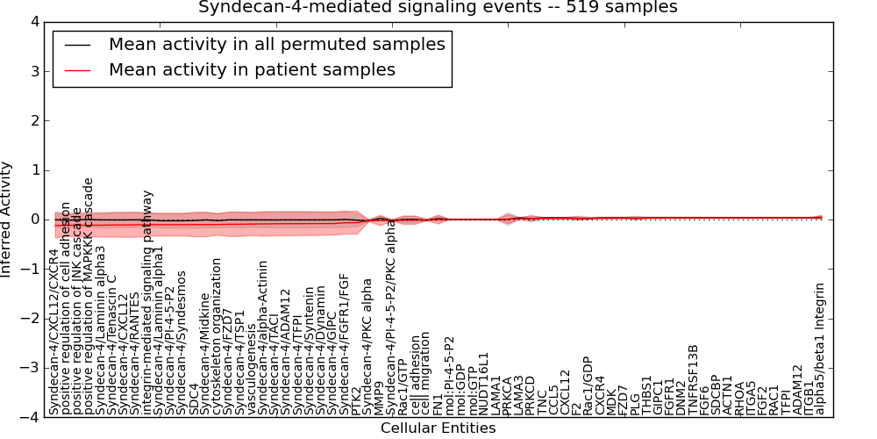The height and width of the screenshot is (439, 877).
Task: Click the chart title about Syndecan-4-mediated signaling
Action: coord(438,7)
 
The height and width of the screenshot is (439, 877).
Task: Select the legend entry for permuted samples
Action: coord(276,44)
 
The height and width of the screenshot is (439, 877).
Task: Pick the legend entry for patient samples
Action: coord(252,69)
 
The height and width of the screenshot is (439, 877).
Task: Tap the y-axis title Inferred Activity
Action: coord(7,219)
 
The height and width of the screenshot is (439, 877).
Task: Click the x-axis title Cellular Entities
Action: coord(438,428)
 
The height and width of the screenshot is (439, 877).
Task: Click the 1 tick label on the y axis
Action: coord(34,169)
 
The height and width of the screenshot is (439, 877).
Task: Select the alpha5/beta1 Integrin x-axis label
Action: coord(820,349)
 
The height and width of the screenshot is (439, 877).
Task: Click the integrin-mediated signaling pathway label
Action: coord(147,302)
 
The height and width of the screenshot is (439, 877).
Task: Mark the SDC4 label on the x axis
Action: coord(193,399)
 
